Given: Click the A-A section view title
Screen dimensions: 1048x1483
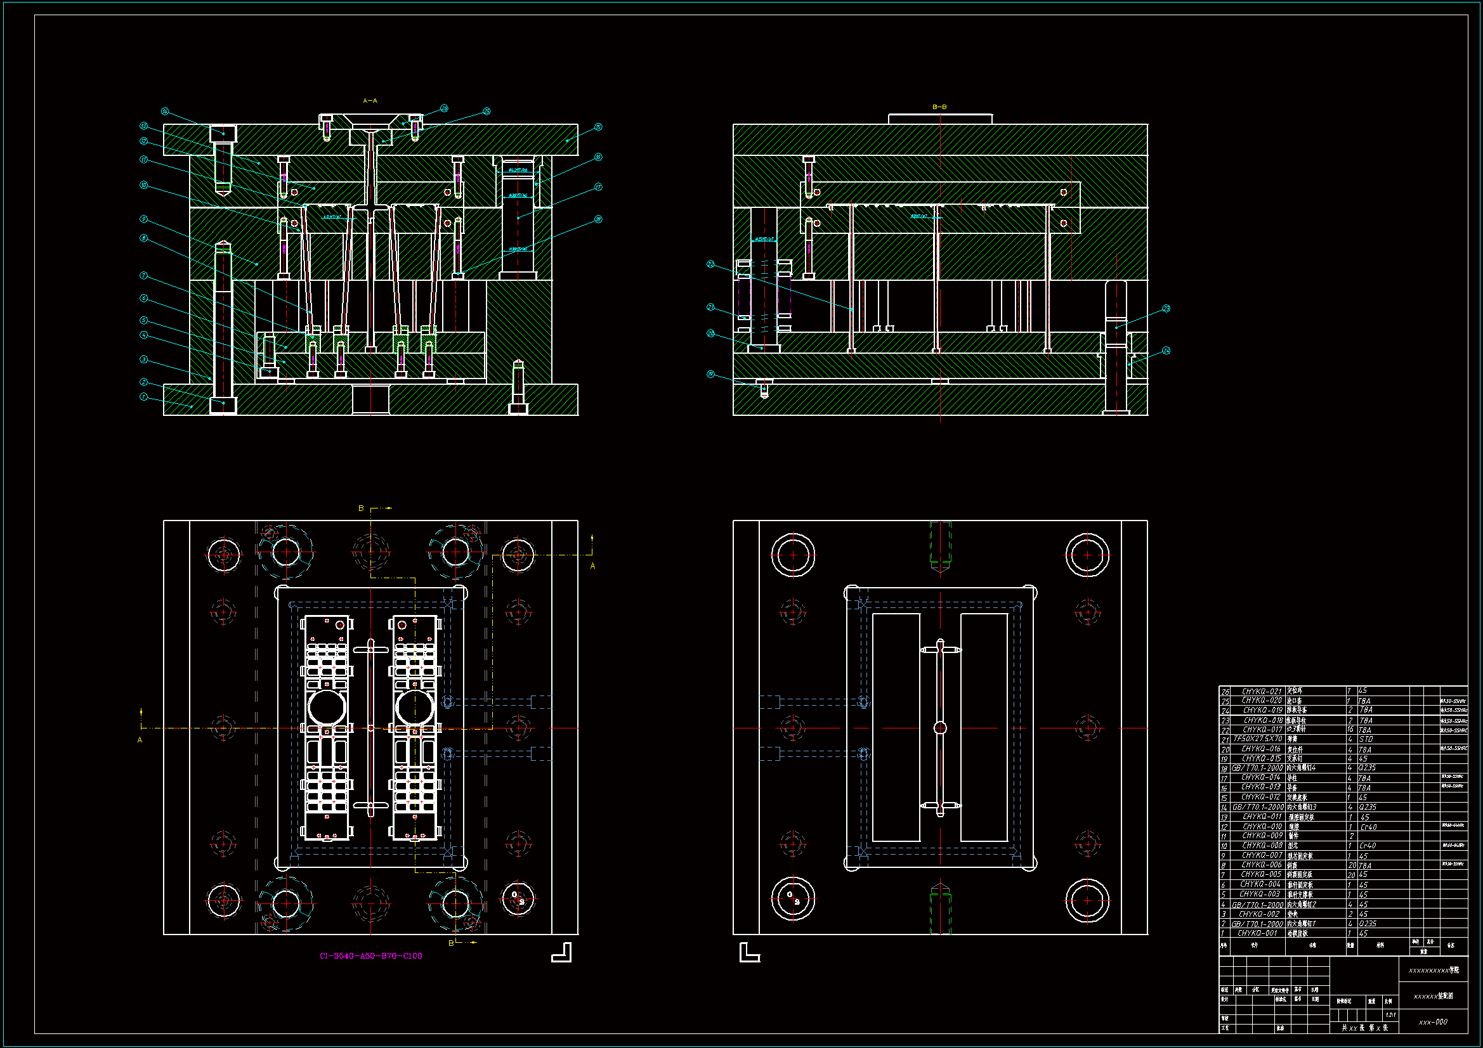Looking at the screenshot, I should (369, 101).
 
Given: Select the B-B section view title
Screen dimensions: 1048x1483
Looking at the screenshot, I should (939, 107).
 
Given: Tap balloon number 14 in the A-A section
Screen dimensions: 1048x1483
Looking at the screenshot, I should (165, 112).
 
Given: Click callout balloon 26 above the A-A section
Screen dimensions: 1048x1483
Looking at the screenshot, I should (444, 108).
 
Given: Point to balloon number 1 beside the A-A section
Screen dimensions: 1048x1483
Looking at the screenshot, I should (143, 397).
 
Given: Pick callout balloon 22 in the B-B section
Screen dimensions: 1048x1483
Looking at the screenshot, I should (710, 264).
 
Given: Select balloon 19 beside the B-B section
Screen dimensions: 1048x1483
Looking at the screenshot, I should (710, 375).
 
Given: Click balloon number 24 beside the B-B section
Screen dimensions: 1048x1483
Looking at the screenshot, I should (1166, 351).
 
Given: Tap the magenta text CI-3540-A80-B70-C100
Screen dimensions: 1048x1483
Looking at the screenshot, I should (370, 955).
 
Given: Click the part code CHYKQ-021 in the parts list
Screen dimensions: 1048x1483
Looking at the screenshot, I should (1262, 691).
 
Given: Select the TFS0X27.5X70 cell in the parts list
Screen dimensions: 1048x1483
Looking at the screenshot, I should (1258, 739).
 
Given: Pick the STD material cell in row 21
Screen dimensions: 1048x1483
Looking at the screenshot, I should (1366, 739).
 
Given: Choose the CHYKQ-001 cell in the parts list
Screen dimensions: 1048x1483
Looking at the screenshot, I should (1257, 933).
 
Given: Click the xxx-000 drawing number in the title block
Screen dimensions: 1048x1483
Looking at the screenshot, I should (1433, 1022).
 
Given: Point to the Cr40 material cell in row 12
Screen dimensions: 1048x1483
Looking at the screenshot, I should (1368, 827).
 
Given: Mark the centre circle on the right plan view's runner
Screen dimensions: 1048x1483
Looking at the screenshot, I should (940, 728).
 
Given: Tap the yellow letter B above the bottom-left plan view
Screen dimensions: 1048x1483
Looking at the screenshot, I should (361, 508).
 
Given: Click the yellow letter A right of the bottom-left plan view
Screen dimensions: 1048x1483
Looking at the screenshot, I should (592, 566).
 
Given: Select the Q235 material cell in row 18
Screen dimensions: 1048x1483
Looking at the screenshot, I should (1367, 768).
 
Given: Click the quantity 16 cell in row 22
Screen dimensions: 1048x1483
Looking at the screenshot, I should (1350, 729).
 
